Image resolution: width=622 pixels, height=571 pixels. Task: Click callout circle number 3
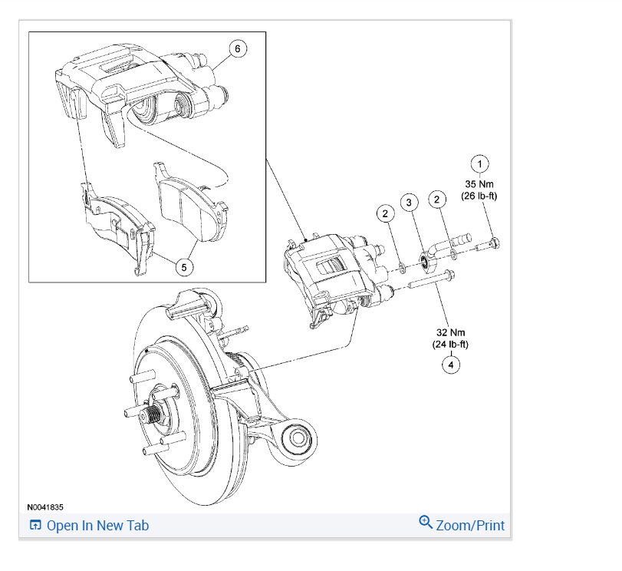[x=410, y=203]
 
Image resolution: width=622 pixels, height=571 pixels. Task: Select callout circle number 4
[x=451, y=365]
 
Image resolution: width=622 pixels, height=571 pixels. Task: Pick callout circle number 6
[x=237, y=48]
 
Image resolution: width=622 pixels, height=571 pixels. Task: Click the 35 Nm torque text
[x=480, y=184]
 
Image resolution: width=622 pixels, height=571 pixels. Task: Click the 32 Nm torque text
[x=450, y=332]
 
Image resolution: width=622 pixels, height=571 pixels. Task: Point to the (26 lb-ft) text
[x=480, y=196]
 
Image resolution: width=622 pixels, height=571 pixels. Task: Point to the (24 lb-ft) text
[x=450, y=345]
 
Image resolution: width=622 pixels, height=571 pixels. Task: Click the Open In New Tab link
[x=97, y=526]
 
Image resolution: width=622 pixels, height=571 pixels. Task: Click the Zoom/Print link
[x=470, y=526]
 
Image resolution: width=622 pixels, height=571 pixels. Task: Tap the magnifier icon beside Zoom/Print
[x=426, y=523]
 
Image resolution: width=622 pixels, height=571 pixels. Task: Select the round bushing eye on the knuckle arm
[x=298, y=440]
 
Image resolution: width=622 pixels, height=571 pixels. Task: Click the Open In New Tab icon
[x=35, y=526]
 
